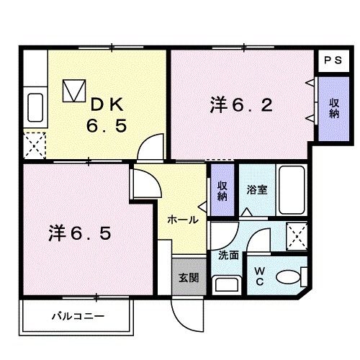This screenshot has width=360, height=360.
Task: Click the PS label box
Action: [x=331, y=61]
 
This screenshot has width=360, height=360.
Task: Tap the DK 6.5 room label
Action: [x=107, y=114]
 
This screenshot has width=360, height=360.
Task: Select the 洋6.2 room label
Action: [x=241, y=106]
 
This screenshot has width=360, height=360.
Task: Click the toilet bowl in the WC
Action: [x=292, y=276]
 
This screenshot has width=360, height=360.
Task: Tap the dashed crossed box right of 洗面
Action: [x=297, y=235]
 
